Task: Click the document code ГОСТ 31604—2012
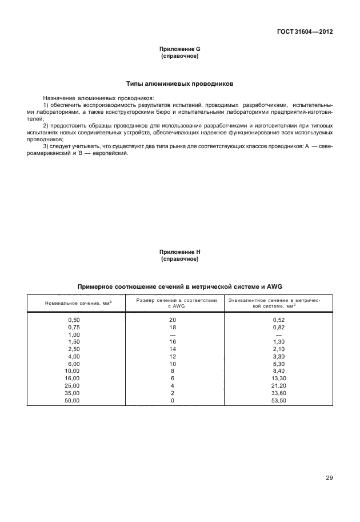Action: click(x=306, y=32)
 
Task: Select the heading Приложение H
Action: click(x=180, y=252)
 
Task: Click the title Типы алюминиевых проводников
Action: click(x=180, y=83)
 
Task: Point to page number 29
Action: click(x=329, y=478)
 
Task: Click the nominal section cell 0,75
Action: click(x=74, y=326)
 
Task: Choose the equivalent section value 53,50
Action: click(x=279, y=401)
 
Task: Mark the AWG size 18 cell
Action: click(x=173, y=326)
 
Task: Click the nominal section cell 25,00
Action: click(x=74, y=386)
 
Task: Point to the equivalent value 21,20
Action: click(x=279, y=386)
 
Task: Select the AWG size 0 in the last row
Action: click(x=173, y=401)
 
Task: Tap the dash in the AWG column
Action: click(x=173, y=334)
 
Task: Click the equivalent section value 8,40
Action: click(x=279, y=371)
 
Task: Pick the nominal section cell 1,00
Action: click(x=74, y=334)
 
